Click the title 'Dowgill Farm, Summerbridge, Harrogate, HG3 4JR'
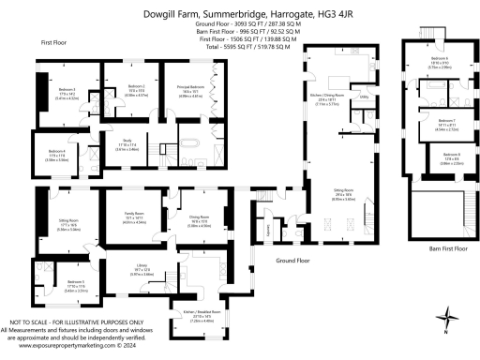[x=239, y=14]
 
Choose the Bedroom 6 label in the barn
[x=427, y=65]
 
